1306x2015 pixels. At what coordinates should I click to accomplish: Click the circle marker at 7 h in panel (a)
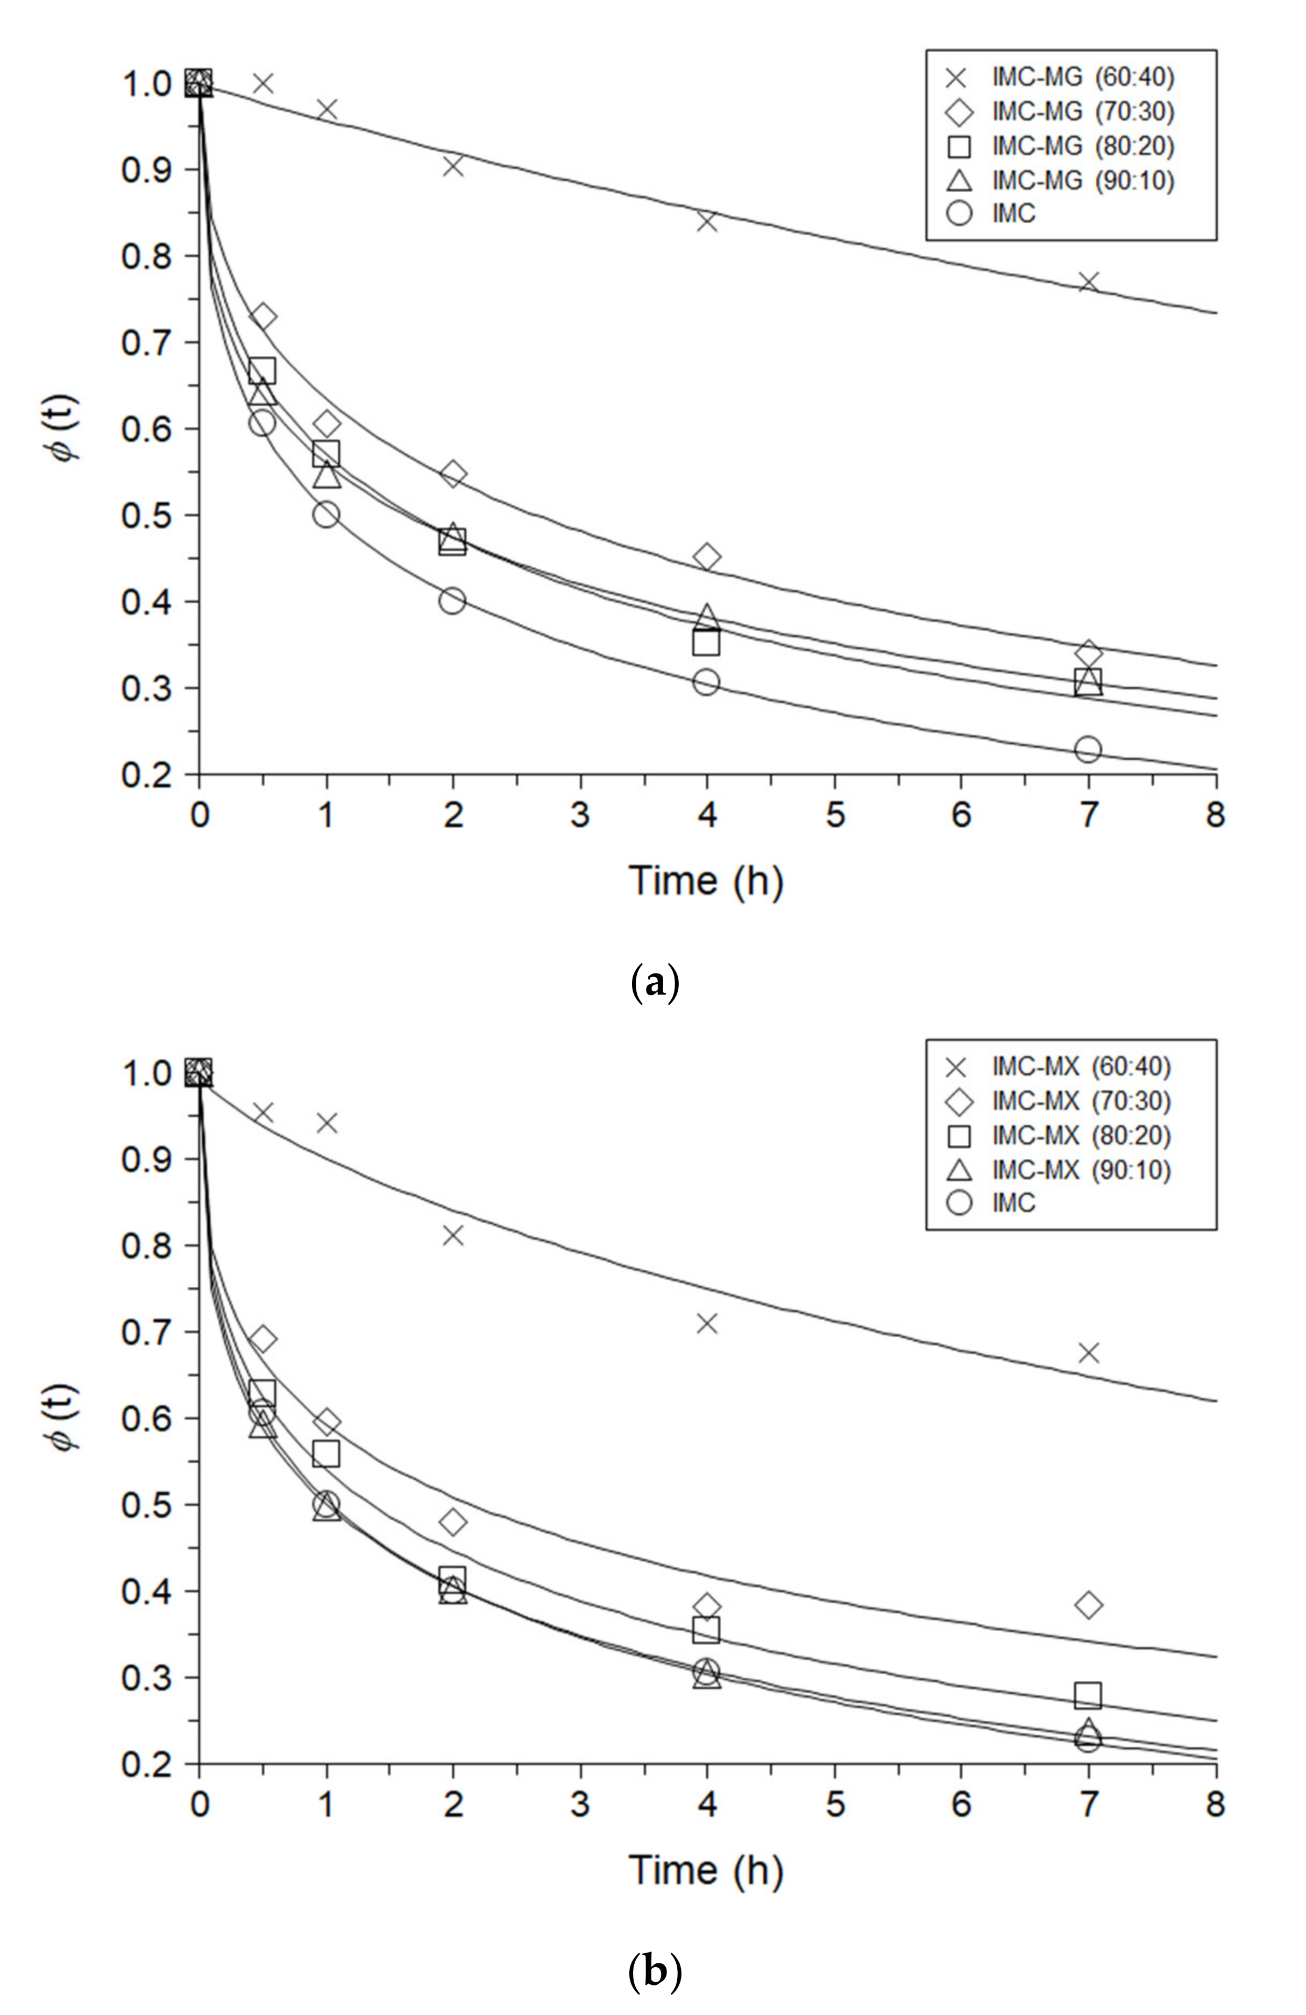coord(1088,749)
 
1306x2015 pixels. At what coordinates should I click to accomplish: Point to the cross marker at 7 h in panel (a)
coord(1088,282)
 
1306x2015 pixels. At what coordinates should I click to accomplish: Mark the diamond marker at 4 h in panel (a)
coord(707,557)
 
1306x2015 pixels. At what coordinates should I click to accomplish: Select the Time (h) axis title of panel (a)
coord(706,882)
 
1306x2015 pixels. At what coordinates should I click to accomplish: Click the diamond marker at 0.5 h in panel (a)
coord(262,316)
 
